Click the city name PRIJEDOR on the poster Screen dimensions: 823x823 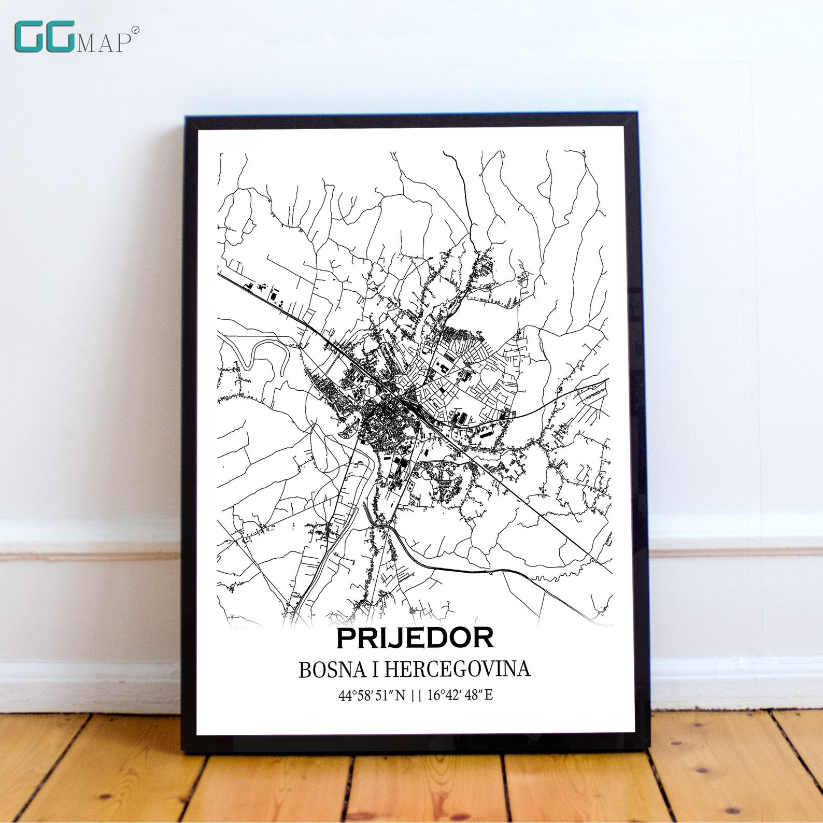click(x=415, y=638)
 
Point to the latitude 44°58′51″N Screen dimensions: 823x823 click(x=372, y=695)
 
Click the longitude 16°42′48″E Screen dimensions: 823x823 click(x=460, y=695)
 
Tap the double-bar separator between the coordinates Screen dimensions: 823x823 click(x=416, y=696)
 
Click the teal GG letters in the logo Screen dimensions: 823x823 click(x=45, y=37)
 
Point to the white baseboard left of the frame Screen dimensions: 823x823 click(x=88, y=612)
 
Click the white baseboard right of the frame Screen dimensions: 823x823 click(x=736, y=612)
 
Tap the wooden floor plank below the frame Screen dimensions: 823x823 click(x=415, y=788)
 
